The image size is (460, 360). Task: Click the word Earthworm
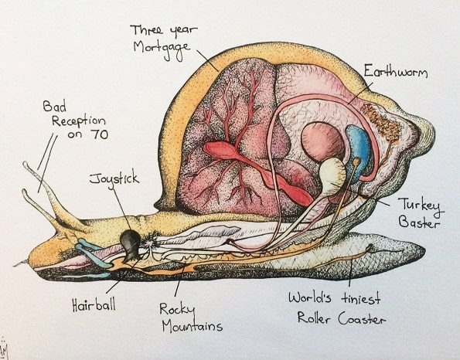(x=396, y=71)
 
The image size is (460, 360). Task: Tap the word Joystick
(x=114, y=178)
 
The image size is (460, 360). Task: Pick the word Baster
(x=419, y=222)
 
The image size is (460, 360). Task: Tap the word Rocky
(x=177, y=310)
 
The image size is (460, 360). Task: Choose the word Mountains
(x=193, y=326)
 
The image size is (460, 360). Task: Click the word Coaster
(x=362, y=318)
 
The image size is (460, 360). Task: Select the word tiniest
(x=361, y=299)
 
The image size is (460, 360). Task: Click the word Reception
(x=78, y=121)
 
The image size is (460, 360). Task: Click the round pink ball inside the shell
(x=322, y=142)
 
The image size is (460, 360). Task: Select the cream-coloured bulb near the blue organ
(x=332, y=173)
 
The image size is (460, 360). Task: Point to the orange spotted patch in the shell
(x=381, y=123)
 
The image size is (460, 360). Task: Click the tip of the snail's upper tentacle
(x=26, y=164)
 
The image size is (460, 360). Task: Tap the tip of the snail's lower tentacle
(x=25, y=192)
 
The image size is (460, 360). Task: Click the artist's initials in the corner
(x=4, y=349)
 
